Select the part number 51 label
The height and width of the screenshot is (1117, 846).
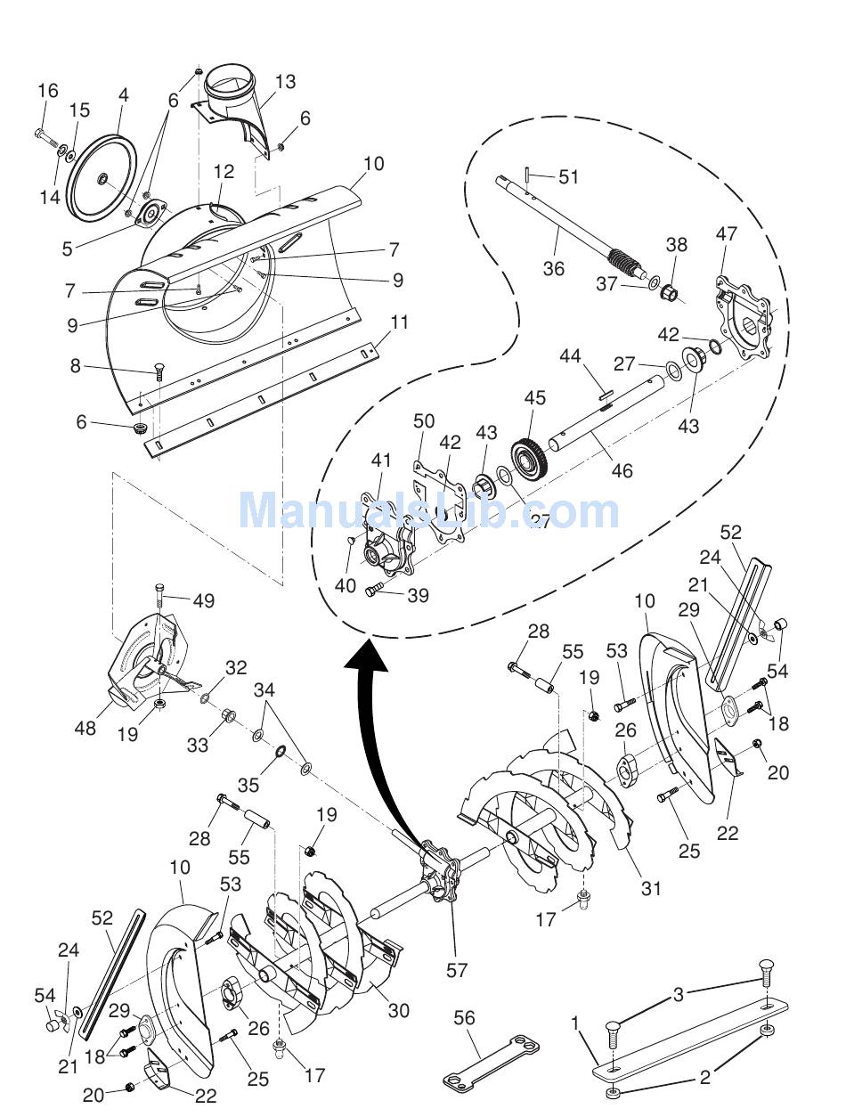pyautogui.click(x=569, y=177)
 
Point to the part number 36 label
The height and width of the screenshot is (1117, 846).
pyautogui.click(x=553, y=268)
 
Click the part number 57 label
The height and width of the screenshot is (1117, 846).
pyautogui.click(x=457, y=971)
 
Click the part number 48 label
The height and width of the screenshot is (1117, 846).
pyautogui.click(x=85, y=728)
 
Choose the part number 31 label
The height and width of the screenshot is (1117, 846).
pyautogui.click(x=652, y=888)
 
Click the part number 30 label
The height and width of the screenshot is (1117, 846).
pyautogui.click(x=399, y=1010)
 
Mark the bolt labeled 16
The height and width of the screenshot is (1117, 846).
pyautogui.click(x=45, y=135)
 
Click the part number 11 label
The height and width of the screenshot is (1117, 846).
pyautogui.click(x=399, y=322)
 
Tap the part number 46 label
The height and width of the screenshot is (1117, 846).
pyautogui.click(x=622, y=469)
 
